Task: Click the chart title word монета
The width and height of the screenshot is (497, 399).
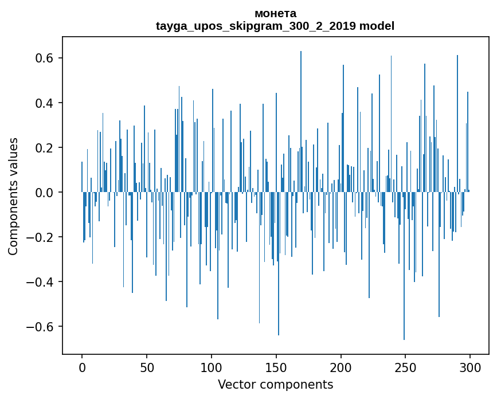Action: click(275, 13)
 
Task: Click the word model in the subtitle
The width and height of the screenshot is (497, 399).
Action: click(377, 26)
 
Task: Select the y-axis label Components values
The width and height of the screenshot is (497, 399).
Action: click(13, 196)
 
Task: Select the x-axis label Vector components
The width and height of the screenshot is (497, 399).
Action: click(275, 384)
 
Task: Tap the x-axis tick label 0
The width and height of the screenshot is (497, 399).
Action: click(82, 367)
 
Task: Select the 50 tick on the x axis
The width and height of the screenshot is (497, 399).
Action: click(147, 367)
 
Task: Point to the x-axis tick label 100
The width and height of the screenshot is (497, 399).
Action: click(212, 367)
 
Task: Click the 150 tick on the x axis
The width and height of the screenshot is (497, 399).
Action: click(276, 367)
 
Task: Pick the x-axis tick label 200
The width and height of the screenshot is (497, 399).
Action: click(341, 367)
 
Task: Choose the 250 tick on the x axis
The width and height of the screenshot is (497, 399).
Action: click(406, 367)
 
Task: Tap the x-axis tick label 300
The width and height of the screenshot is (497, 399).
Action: click(470, 367)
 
